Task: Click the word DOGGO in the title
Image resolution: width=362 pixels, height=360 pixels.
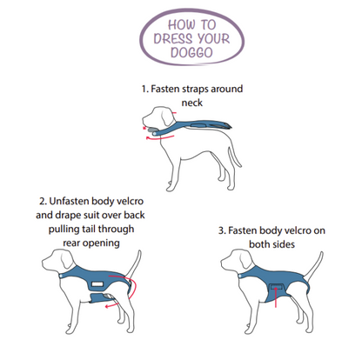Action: point(191,52)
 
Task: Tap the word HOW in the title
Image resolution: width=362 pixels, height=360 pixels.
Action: point(182,24)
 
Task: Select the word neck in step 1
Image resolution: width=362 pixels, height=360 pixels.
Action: point(191,103)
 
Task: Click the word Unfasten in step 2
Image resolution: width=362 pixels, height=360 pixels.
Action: point(69,201)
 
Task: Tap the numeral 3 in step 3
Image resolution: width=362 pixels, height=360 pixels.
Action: point(221,230)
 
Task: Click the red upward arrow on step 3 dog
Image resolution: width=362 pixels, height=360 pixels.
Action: point(275,297)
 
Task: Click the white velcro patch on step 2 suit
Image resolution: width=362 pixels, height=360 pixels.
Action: point(97,284)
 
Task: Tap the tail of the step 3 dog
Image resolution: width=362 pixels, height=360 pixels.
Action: point(314,266)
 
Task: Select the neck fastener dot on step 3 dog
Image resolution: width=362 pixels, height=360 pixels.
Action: point(240,276)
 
